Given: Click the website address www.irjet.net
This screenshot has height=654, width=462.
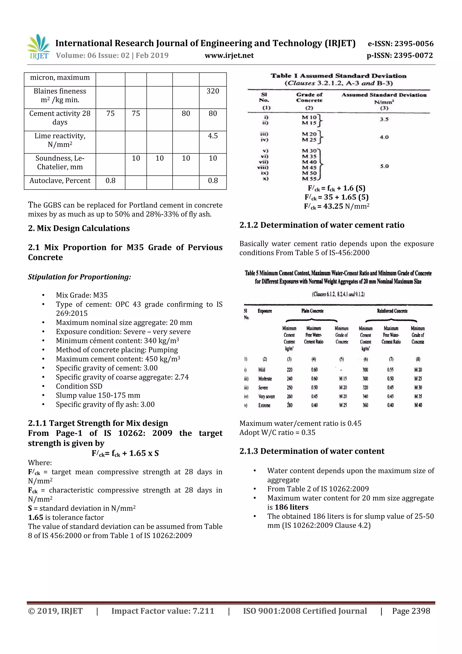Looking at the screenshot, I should (x=229, y=56).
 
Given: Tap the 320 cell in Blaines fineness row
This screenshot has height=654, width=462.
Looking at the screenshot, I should (x=213, y=91).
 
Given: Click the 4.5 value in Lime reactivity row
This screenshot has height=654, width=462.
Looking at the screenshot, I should (x=213, y=136).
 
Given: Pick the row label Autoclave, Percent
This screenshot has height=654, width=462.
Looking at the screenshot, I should (x=60, y=181).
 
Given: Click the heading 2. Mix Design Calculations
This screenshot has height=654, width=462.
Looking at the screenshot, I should (x=79, y=228).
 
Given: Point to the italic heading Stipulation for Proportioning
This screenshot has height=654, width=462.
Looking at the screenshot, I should (x=79, y=277).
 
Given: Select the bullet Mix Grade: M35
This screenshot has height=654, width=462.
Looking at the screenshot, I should (x=82, y=295).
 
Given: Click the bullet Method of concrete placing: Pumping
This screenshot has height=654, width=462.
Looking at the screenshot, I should (x=117, y=350).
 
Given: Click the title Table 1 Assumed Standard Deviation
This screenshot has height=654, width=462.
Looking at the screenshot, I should (x=338, y=76).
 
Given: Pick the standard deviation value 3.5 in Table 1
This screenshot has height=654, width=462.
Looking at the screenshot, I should (x=384, y=119).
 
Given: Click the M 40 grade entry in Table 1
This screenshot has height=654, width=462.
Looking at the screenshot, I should (x=309, y=162).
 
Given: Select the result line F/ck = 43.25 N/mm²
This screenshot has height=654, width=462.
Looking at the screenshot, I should (x=337, y=206).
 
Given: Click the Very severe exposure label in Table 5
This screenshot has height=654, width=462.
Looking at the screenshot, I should (x=266, y=396).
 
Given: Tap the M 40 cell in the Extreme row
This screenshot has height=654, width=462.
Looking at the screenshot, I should (x=418, y=405).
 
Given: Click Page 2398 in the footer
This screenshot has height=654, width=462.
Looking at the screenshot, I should (x=411, y=611).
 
